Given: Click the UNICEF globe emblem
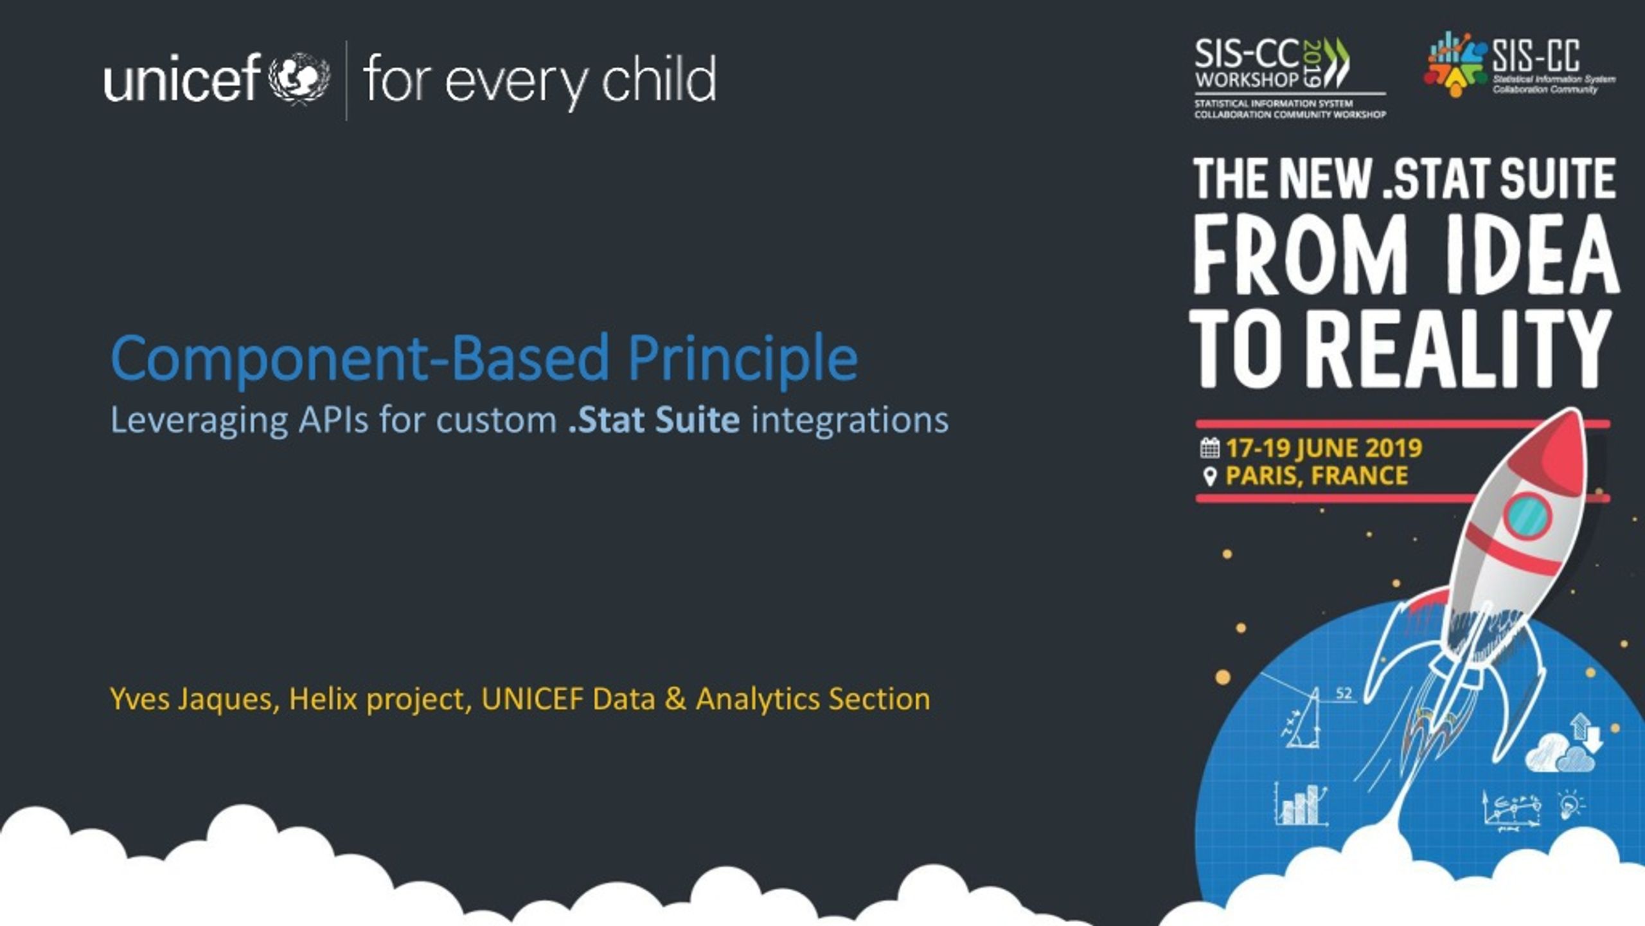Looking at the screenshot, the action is point(299,78).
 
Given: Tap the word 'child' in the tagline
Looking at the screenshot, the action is point(659,79).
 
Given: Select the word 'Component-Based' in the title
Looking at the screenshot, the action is point(360,358).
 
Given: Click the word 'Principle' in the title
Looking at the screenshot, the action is point(743,358).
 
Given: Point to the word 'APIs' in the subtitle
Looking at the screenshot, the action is point(333,420).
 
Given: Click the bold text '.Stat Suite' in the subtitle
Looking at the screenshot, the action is point(654,420).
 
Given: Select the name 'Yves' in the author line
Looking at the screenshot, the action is point(140,699).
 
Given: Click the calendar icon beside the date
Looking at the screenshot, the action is point(1210,448).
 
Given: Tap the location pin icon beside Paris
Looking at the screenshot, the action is point(1210,477).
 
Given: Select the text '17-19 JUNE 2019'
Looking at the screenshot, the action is point(1324,448).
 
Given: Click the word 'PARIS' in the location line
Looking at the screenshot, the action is point(1263,477).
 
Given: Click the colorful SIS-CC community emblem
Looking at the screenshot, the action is point(1456,64).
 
